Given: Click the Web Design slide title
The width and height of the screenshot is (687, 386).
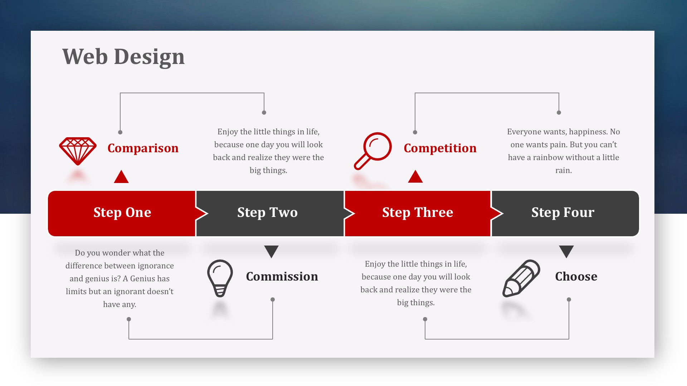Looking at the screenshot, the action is [123, 56].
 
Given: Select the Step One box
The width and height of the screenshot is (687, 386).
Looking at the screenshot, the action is [122, 213].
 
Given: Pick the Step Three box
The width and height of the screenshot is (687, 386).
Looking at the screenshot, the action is [417, 213].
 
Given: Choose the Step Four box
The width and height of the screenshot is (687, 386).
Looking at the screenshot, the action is [565, 213].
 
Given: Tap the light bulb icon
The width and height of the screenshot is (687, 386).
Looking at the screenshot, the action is [220, 278].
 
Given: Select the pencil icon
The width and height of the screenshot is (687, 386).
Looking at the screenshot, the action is [521, 278].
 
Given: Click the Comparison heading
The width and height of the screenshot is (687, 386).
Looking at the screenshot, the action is [143, 148].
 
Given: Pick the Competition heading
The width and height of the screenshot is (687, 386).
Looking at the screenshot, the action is [440, 148].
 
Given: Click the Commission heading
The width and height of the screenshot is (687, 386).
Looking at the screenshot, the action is [282, 276].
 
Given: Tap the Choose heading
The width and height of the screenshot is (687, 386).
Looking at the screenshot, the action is [576, 276].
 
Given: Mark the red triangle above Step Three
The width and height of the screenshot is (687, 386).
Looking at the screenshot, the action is [415, 177].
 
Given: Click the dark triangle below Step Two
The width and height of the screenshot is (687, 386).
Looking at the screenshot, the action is [272, 251].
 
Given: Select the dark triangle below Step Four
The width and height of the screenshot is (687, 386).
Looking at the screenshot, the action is [566, 251].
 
